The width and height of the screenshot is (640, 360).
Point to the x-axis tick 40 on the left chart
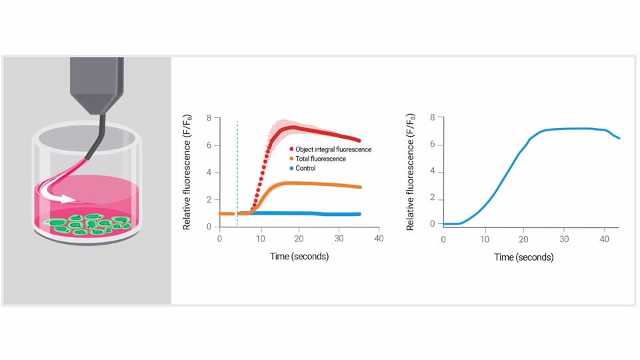pos(379,239)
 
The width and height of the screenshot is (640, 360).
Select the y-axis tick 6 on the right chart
pos(432,145)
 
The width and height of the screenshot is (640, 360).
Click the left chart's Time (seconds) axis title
pos(299,256)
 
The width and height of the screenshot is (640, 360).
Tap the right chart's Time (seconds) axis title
pos(523,257)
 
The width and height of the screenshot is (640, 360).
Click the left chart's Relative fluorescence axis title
pos(188,172)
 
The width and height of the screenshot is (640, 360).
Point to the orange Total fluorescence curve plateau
pos(300,183)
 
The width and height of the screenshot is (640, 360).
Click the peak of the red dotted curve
pos(293,127)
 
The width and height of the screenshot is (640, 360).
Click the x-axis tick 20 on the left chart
pos(299,239)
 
